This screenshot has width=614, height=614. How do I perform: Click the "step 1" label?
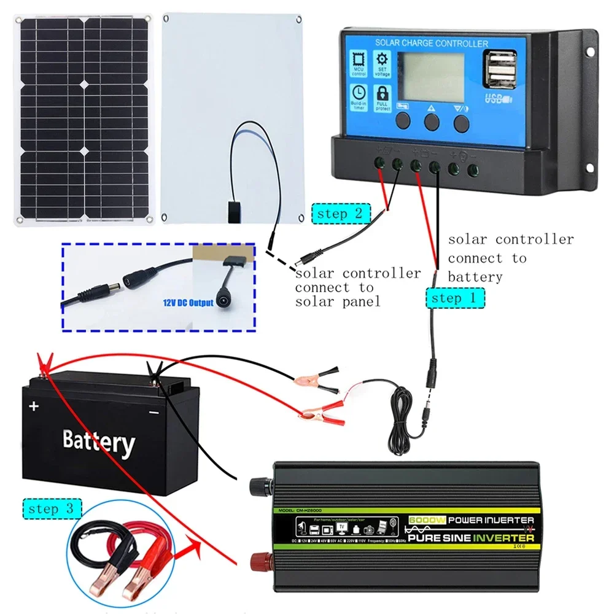[454, 298]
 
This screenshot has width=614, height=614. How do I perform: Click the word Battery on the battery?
[98, 441]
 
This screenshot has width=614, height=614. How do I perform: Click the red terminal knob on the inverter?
[258, 559]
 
